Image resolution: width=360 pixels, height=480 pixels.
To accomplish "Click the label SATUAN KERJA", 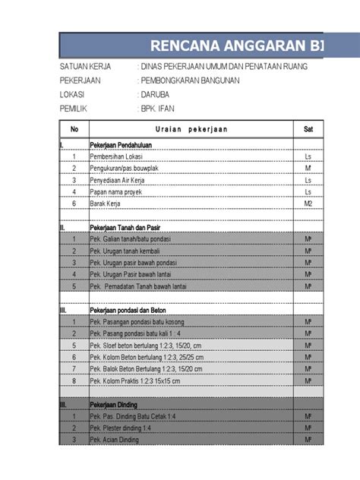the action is [x=85, y=67].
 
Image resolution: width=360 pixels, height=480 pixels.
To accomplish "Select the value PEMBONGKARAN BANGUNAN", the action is [x=191, y=81].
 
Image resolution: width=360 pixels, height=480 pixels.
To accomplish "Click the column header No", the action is [x=74, y=129].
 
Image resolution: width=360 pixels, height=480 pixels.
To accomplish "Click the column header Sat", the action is [x=308, y=129].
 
